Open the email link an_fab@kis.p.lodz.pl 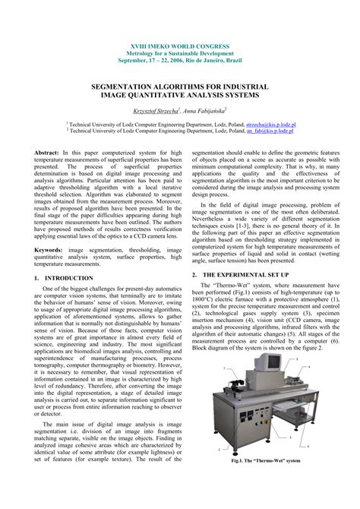tap(270, 129)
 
